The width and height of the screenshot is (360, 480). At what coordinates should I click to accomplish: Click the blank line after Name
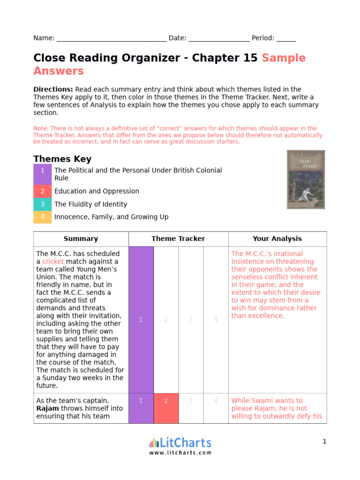(x=111, y=38)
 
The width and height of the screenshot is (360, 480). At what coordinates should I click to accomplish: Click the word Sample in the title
(x=284, y=58)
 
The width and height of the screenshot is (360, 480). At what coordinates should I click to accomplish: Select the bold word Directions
(x=53, y=90)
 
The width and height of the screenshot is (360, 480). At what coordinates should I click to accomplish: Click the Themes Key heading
(x=62, y=159)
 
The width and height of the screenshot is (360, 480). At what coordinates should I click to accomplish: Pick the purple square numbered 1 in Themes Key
(x=43, y=174)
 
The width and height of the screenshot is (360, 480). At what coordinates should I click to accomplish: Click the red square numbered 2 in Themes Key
(x=43, y=191)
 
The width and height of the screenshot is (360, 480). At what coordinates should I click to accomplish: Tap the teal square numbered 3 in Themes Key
(x=43, y=204)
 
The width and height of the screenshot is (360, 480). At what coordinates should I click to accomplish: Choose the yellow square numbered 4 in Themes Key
(x=43, y=217)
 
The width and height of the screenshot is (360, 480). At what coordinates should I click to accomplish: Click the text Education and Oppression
(x=97, y=191)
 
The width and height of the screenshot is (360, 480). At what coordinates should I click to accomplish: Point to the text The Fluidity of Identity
(x=90, y=204)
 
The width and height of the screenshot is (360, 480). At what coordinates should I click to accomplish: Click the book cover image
(x=306, y=180)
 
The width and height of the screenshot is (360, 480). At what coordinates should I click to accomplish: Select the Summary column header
(x=81, y=239)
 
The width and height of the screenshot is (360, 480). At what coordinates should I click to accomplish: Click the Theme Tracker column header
(x=178, y=239)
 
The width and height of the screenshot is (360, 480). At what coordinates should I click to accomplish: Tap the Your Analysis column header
(x=277, y=239)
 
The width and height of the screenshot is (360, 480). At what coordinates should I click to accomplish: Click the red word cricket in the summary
(x=53, y=262)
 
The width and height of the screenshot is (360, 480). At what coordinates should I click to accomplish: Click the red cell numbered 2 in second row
(x=166, y=408)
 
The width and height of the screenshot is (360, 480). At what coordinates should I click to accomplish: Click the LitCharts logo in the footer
(x=180, y=445)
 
